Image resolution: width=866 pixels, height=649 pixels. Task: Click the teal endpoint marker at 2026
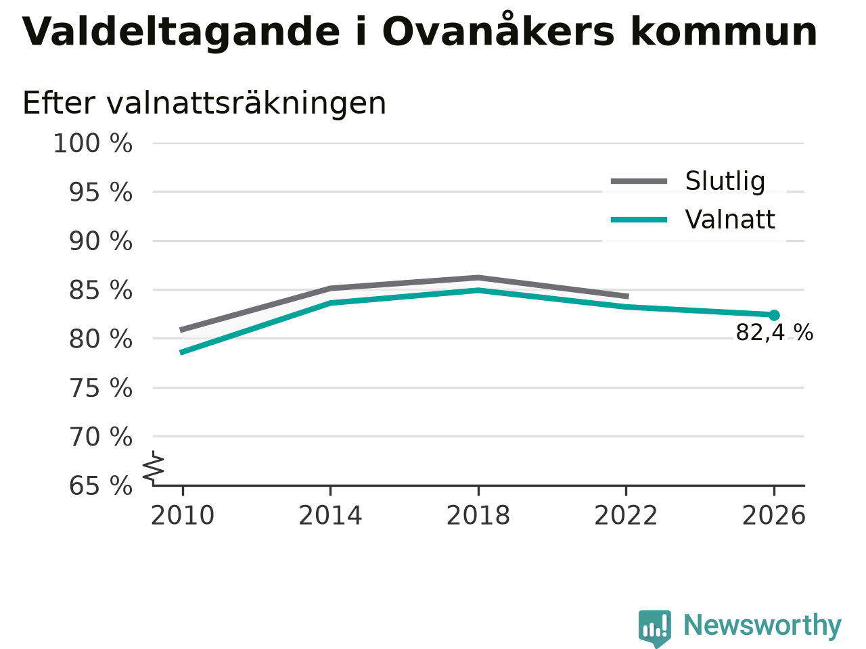coord(774,315)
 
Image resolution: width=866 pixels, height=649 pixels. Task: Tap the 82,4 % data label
coord(775,333)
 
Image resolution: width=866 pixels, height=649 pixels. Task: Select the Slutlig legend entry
coord(688,181)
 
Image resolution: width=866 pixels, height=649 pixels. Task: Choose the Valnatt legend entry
coord(693,220)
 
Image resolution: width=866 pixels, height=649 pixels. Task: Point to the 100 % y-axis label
coord(93,143)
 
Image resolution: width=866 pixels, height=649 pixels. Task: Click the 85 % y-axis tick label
coord(101,291)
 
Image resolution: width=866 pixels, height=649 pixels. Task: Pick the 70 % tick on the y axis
coord(101,437)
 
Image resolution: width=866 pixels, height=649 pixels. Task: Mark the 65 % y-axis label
coord(101,486)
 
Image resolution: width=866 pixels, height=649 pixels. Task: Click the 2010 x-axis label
coord(182,516)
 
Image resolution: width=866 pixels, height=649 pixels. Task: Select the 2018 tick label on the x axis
coord(478,516)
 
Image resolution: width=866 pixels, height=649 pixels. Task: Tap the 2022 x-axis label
coord(626,516)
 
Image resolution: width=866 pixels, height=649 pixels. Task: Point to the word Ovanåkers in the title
coord(499,30)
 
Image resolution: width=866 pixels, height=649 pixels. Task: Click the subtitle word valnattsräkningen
coord(246,104)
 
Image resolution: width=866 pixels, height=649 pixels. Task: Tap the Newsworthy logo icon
coord(655,628)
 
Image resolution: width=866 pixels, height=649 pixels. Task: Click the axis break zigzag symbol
coord(154,468)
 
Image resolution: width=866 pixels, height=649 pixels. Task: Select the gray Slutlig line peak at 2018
coord(478,278)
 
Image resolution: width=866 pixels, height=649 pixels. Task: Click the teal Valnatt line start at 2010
coord(181,352)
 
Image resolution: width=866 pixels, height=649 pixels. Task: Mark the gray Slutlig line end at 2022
coord(628,296)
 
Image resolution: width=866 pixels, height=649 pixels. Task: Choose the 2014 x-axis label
coord(330,516)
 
